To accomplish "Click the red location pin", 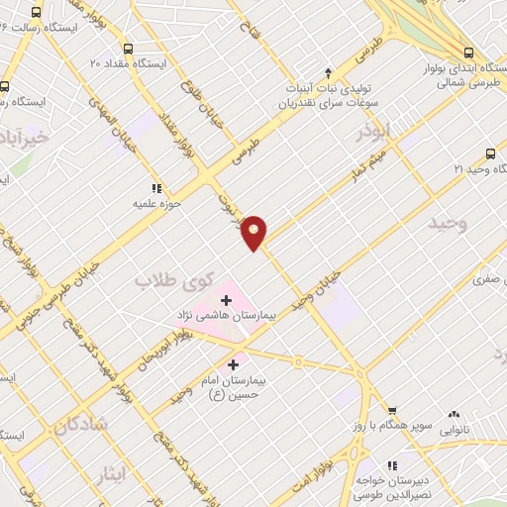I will tap(254, 232).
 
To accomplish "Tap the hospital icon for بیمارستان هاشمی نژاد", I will tap(226, 298).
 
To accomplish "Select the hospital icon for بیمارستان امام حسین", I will tap(234, 363).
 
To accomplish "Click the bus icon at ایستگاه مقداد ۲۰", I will tap(127, 48).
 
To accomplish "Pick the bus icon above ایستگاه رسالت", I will tap(37, 13).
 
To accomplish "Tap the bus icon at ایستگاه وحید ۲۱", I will tap(490, 153).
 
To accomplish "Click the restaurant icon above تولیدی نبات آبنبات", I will tap(290, 84).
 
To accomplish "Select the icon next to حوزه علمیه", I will tap(155, 187).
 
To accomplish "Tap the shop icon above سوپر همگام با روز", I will tap(391, 410).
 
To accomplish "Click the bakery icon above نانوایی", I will tap(455, 416).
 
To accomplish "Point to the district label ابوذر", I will tap(374, 130).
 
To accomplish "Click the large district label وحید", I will tap(448, 225).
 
